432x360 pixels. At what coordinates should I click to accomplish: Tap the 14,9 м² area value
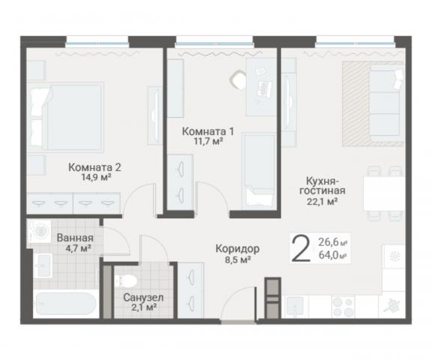point(94,178)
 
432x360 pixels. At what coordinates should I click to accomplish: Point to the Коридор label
point(237,248)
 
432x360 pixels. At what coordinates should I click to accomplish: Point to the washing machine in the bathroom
point(37,231)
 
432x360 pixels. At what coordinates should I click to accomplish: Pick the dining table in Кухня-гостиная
point(381,193)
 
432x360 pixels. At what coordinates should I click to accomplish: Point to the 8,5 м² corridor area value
point(237,260)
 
